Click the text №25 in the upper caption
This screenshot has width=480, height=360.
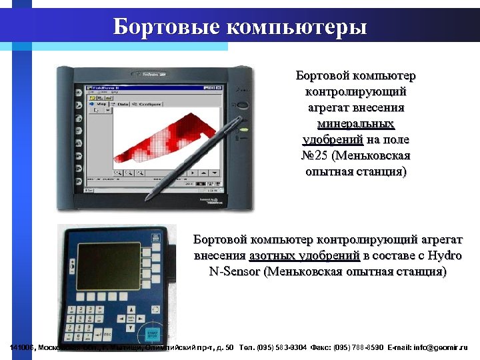(x=311, y=156)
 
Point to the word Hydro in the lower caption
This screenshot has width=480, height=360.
(x=445, y=255)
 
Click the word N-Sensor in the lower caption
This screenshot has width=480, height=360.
(x=234, y=272)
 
